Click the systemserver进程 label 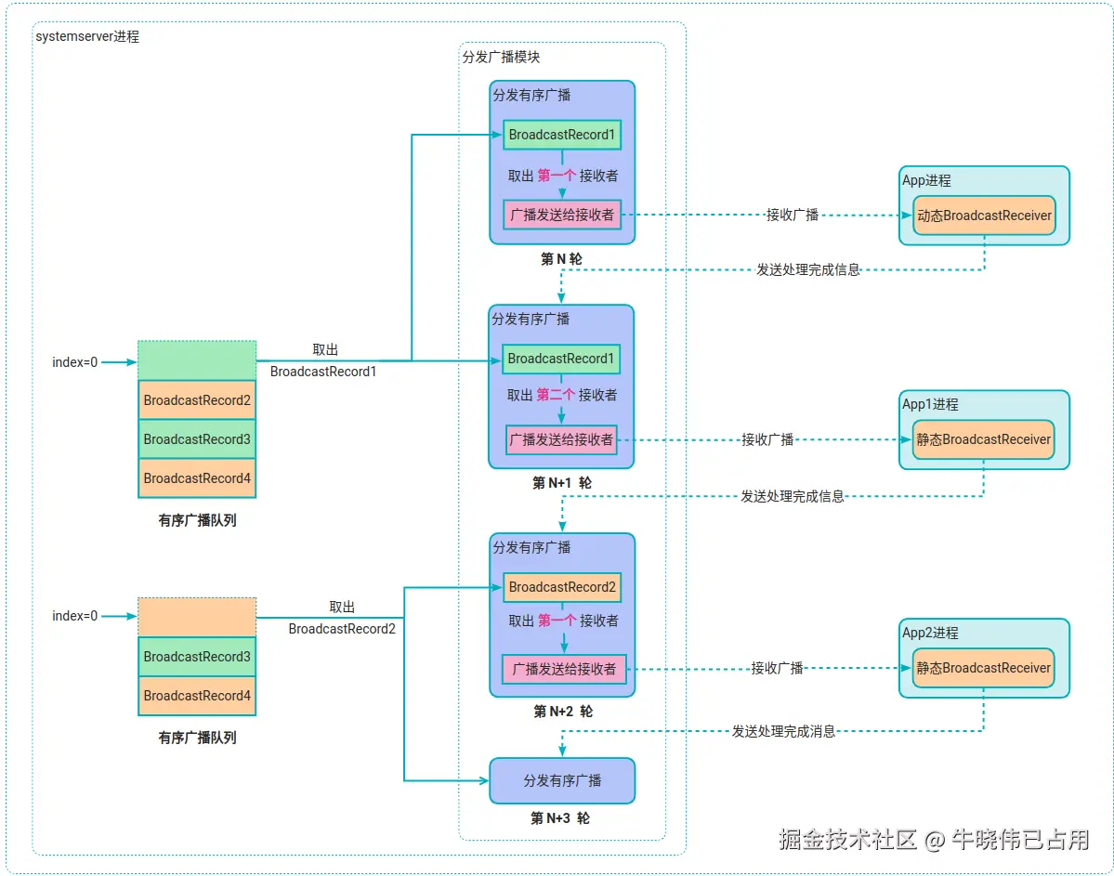[87, 37]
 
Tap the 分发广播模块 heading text [501, 57]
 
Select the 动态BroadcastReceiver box [984, 216]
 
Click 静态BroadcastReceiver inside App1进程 [983, 439]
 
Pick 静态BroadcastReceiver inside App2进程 [983, 668]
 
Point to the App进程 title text [926, 181]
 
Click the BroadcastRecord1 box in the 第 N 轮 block [561, 135]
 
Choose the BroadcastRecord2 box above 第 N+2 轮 [562, 587]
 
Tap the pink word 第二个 [556, 395]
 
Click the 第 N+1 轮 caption [561, 483]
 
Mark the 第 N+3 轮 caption [560, 818]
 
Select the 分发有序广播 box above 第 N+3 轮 [562, 780]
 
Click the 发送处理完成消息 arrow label [783, 731]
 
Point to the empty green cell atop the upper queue [197, 360]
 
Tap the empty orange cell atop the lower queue [197, 617]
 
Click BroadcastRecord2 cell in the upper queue [197, 400]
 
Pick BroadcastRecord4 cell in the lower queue [197, 696]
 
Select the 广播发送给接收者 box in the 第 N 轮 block [562, 215]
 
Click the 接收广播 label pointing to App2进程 [777, 668]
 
